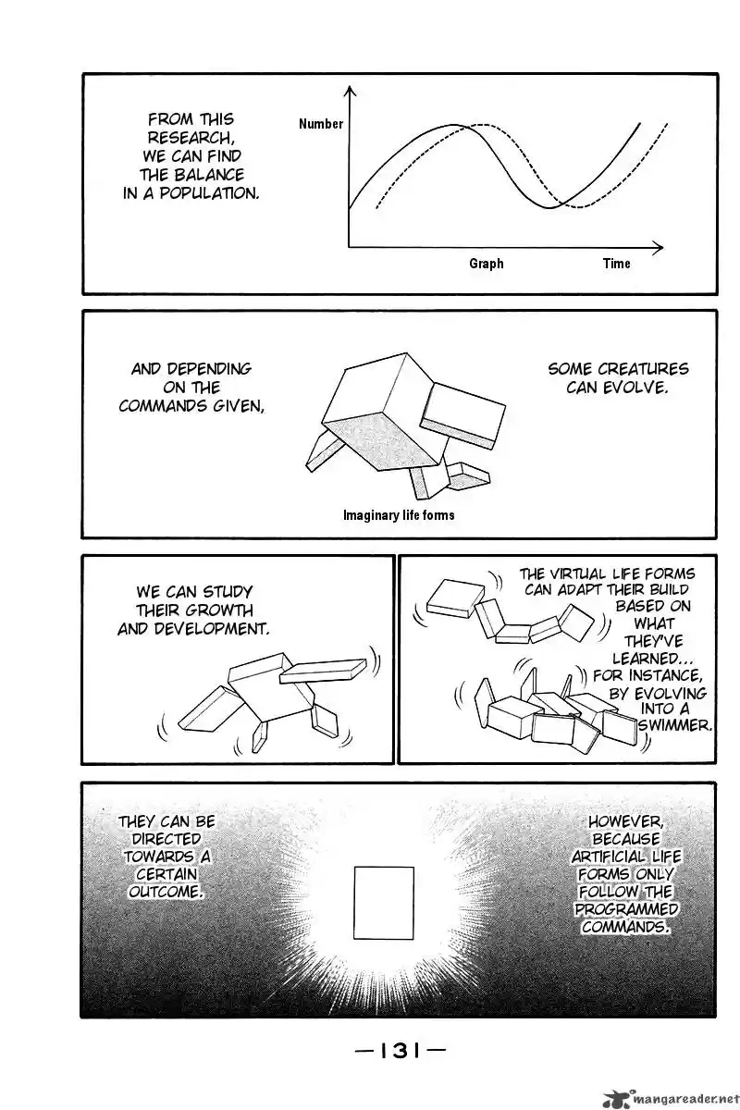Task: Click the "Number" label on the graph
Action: [321, 124]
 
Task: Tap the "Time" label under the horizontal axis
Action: [617, 264]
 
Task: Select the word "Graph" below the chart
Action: [487, 265]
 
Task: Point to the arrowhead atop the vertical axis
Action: [350, 91]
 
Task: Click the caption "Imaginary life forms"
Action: [399, 515]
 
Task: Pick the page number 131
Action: [400, 1050]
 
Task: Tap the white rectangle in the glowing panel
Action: [384, 903]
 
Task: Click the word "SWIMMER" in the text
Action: [673, 725]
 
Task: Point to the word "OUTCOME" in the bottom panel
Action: [166, 893]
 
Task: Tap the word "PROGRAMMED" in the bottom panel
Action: [626, 909]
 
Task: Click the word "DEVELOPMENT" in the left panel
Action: [211, 629]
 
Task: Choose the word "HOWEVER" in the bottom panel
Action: [625, 822]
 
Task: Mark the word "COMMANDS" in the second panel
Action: [164, 406]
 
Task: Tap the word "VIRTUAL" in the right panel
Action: [576, 573]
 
